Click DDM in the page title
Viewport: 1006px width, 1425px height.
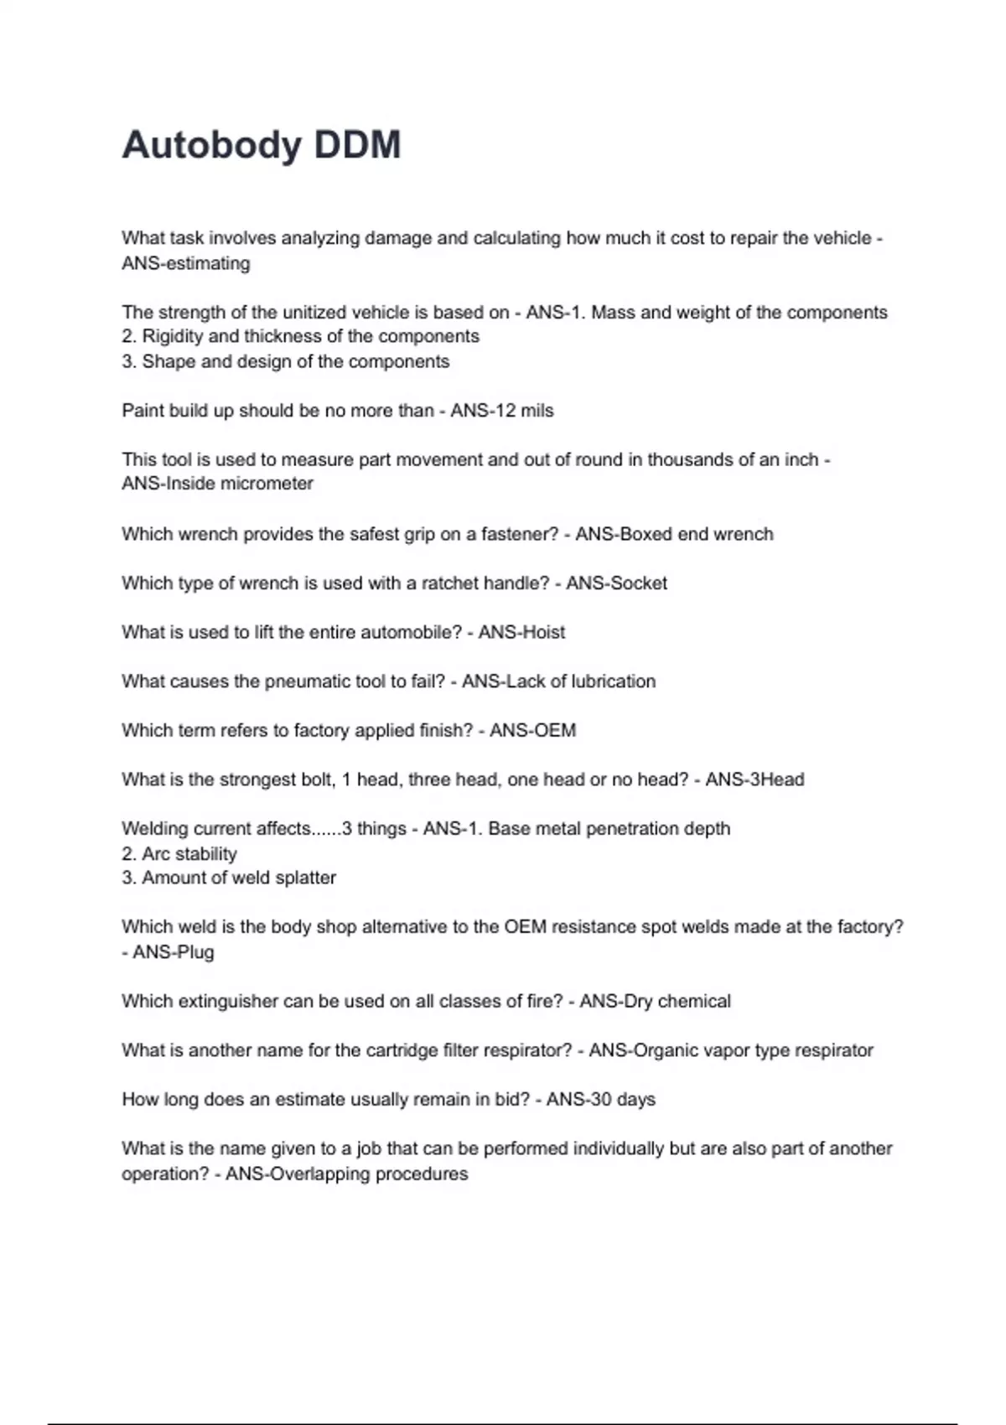pos(358,145)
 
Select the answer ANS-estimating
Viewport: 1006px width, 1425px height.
pos(186,263)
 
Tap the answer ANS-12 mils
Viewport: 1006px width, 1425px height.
pos(502,411)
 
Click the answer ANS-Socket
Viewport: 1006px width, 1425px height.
pos(616,583)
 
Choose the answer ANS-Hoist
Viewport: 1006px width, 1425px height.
pos(521,632)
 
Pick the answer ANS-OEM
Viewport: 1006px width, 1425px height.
pos(532,730)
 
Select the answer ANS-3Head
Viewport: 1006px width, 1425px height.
pos(754,780)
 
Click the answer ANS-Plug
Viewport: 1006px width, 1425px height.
pos(174,952)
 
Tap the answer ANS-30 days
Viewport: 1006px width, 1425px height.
pos(600,1100)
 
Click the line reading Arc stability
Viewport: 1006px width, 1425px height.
pos(189,854)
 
